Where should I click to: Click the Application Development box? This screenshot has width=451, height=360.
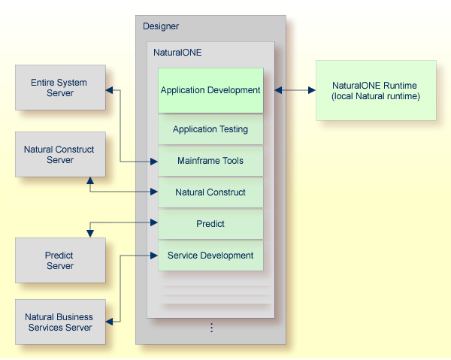pos(210,90)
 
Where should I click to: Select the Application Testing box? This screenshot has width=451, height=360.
pos(210,129)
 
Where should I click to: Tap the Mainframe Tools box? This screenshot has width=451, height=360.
pos(210,161)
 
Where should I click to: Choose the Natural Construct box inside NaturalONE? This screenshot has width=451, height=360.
pos(210,192)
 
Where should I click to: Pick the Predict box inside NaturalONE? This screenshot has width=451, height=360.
pos(210,224)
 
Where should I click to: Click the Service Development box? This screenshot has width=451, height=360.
pos(210,256)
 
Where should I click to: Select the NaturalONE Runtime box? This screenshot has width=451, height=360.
pos(375,90)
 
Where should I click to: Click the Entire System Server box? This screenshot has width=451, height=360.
pos(60,88)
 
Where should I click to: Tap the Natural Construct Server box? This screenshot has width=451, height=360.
pos(60,155)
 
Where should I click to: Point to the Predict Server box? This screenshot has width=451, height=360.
pos(60,261)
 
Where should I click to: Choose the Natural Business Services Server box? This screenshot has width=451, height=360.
pos(60,322)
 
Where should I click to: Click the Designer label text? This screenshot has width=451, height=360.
pos(161,26)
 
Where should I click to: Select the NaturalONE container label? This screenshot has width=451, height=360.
pos(177,53)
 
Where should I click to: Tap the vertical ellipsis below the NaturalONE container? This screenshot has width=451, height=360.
pos(211,328)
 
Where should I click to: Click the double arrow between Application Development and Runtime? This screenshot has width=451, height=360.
pos(295,90)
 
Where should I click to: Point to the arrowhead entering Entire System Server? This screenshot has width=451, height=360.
pos(110,90)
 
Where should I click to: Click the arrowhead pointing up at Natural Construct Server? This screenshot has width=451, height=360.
pos(90,181)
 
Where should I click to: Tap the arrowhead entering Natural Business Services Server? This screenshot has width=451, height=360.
pos(110,322)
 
